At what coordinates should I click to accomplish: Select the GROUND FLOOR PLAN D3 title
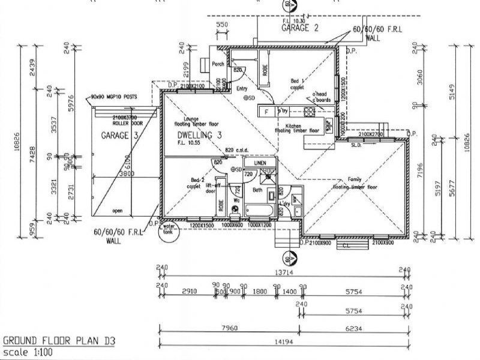pyautogui.click(x=59, y=340)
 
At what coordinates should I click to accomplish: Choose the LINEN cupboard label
pyautogui.click(x=259, y=163)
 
